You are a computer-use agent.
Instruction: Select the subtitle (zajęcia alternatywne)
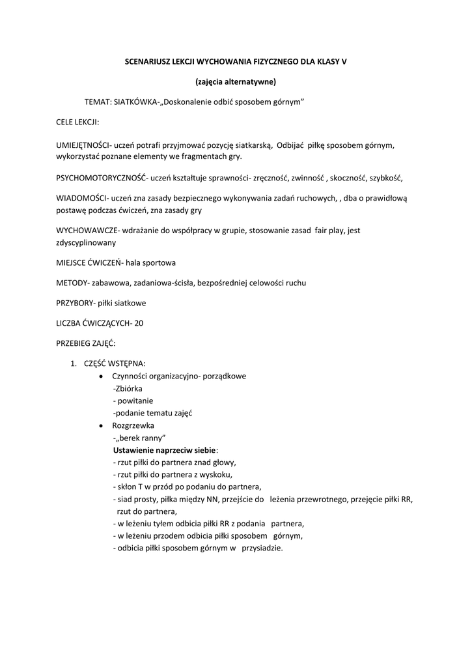[x=236, y=82]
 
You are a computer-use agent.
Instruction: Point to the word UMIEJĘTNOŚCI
[x=84, y=145]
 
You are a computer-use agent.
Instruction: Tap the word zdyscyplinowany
[x=87, y=242]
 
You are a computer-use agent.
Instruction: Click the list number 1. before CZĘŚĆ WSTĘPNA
[x=74, y=363]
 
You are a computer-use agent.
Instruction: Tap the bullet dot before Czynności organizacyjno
[x=99, y=376]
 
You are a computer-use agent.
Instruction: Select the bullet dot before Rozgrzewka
[x=99, y=425]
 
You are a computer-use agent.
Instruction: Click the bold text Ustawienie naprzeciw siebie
[x=164, y=449]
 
